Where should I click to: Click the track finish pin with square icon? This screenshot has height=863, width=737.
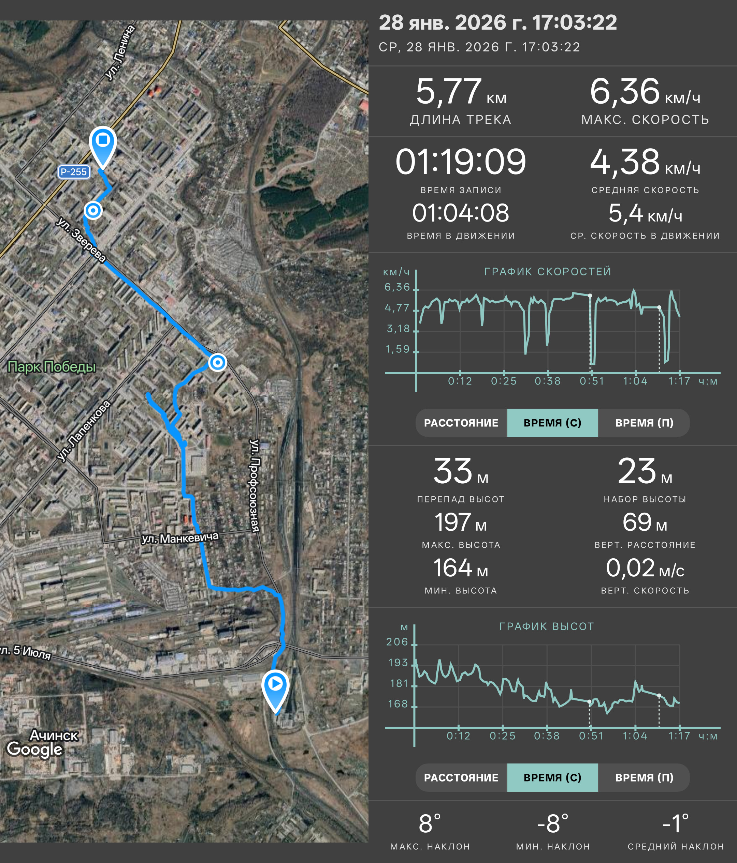click(x=103, y=146)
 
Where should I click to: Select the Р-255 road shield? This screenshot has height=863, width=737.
click(x=74, y=171)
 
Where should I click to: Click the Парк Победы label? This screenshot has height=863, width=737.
click(x=52, y=367)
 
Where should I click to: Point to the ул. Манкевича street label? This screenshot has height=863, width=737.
click(x=180, y=538)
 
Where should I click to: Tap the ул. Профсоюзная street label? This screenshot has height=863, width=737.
click(x=254, y=485)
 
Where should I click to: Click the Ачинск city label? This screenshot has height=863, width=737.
click(x=54, y=735)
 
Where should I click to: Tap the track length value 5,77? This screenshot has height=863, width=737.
click(x=449, y=91)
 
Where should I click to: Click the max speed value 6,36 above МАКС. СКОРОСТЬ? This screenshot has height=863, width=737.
click(x=624, y=91)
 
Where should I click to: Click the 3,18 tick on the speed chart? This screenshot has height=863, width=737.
click(x=398, y=329)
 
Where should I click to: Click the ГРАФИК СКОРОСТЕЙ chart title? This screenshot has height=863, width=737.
click(x=548, y=272)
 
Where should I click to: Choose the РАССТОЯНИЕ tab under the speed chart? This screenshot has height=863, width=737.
click(x=461, y=423)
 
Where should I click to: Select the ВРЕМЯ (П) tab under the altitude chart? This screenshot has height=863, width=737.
click(x=644, y=777)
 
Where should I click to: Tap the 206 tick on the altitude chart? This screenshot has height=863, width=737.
click(x=397, y=641)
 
